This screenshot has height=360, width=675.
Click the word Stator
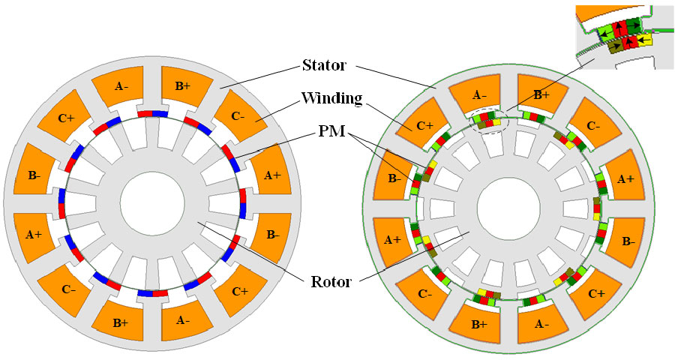(x=325, y=65)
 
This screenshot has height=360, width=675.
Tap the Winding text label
(x=328, y=98)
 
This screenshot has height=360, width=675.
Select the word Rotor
(x=328, y=283)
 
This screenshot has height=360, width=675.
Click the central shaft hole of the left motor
(x=152, y=203)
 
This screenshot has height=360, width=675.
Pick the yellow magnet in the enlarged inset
(x=644, y=39)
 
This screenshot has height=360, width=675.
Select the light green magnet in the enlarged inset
(x=604, y=31)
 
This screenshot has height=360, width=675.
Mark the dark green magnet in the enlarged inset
(x=634, y=24)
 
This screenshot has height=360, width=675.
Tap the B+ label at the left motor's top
(x=182, y=87)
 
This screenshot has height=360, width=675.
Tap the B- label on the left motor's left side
(x=33, y=175)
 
